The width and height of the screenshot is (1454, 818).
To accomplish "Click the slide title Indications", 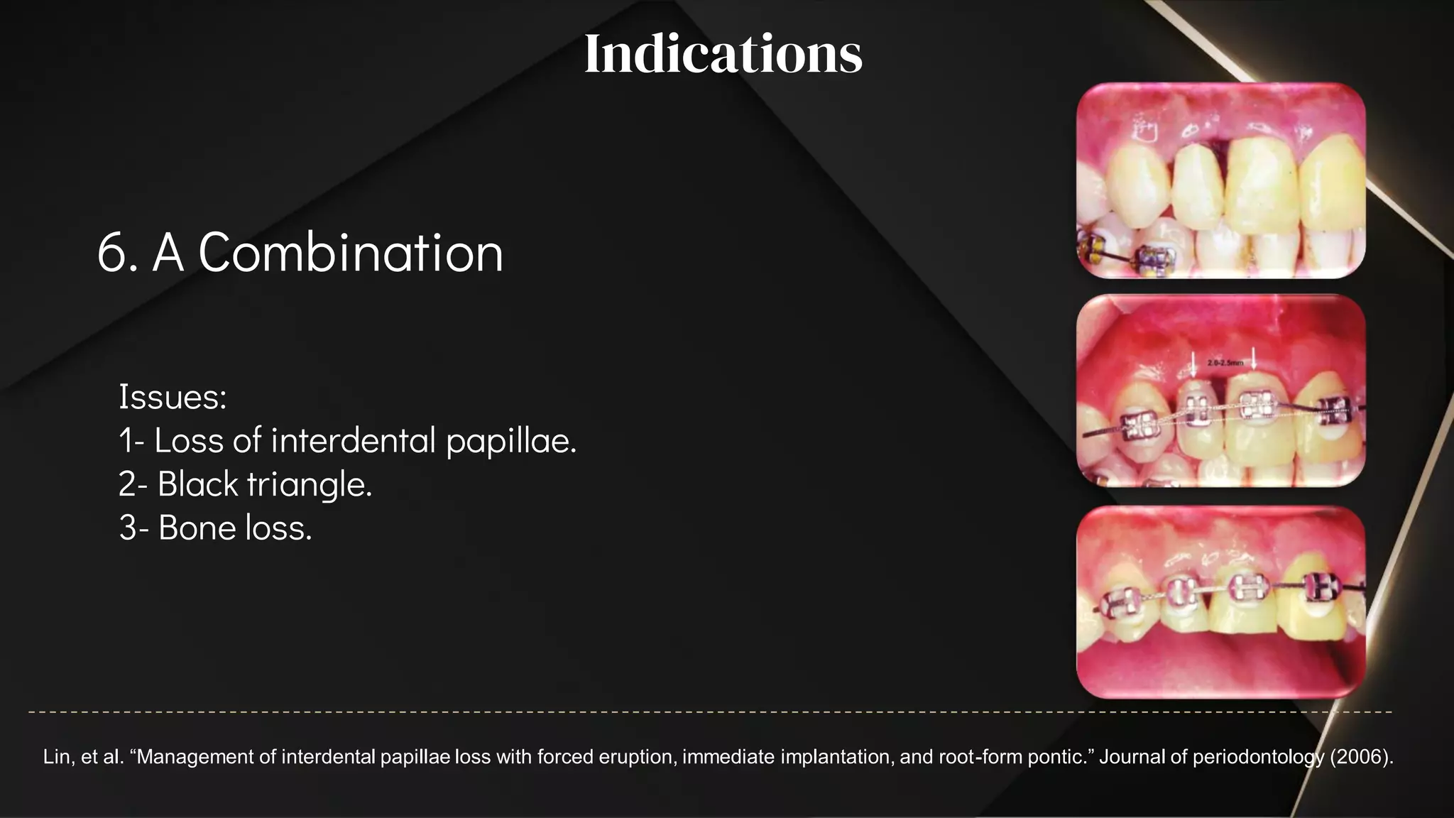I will coord(723,54).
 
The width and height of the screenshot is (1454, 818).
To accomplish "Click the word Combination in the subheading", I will coord(351,253).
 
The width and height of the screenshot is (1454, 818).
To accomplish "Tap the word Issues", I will coord(172,396).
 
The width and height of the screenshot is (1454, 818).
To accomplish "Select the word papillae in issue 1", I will coord(510,441).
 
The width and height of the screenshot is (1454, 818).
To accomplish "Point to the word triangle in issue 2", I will coord(309,484).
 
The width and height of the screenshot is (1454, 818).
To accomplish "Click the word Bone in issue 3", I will coord(198,528).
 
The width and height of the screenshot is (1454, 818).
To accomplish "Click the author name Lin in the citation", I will coord(56,757).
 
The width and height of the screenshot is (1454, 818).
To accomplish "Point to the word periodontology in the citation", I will coord(1258,757).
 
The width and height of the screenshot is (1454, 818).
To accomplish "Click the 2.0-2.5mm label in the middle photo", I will coord(1225,363).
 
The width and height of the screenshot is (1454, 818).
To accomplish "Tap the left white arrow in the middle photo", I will coord(1193,364).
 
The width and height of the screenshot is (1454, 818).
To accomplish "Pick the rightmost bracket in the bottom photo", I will coord(1321,587).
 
